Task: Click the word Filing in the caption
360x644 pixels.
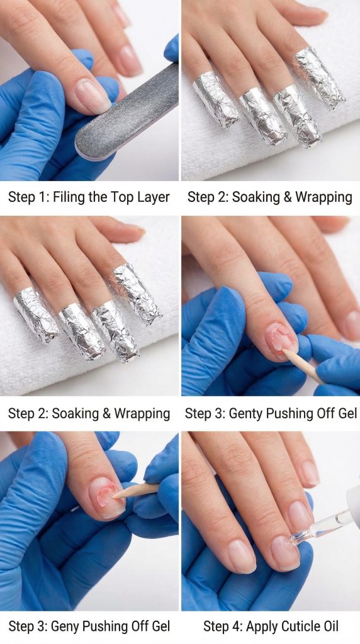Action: click(70, 197)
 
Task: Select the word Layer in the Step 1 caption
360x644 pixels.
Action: click(154, 197)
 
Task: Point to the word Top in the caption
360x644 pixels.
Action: click(122, 197)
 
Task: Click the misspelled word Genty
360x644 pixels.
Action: click(246, 413)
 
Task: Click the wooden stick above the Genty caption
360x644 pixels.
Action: click(303, 367)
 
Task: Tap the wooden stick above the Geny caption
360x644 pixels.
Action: click(135, 491)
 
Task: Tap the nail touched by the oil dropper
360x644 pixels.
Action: click(285, 552)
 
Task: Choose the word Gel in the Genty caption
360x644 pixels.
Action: click(346, 413)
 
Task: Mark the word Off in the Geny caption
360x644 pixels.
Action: click(139, 627)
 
